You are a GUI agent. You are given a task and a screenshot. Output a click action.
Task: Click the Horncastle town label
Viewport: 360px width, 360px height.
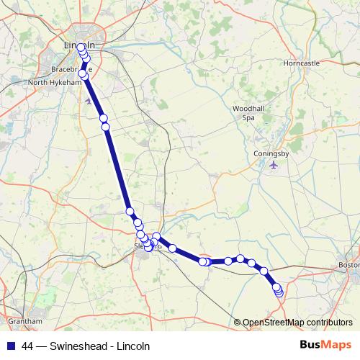point(301,63)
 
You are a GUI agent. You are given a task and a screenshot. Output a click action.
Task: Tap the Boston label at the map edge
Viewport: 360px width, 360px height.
point(348,266)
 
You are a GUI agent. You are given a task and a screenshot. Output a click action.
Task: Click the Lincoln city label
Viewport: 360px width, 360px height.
point(79,45)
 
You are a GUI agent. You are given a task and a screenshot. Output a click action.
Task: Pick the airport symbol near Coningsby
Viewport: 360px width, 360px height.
point(273,166)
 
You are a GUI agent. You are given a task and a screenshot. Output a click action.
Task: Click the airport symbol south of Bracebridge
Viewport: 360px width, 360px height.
point(89,101)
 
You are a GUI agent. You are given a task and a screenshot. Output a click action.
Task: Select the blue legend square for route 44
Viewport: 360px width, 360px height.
point(10,346)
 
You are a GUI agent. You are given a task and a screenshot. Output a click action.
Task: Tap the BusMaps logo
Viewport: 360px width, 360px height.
point(325,345)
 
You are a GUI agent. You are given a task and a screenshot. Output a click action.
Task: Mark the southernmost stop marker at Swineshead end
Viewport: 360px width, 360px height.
point(279,292)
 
